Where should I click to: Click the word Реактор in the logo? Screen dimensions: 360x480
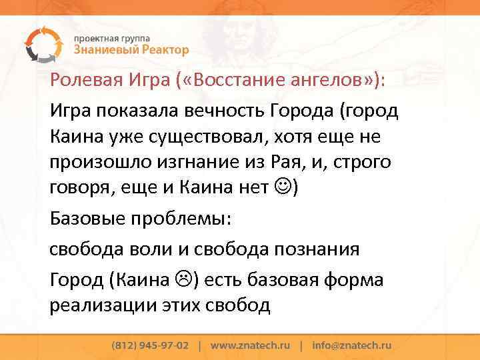pos(161,50)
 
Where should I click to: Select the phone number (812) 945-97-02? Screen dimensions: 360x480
pos(150,346)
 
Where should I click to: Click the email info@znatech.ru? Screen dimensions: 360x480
pos(351,346)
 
